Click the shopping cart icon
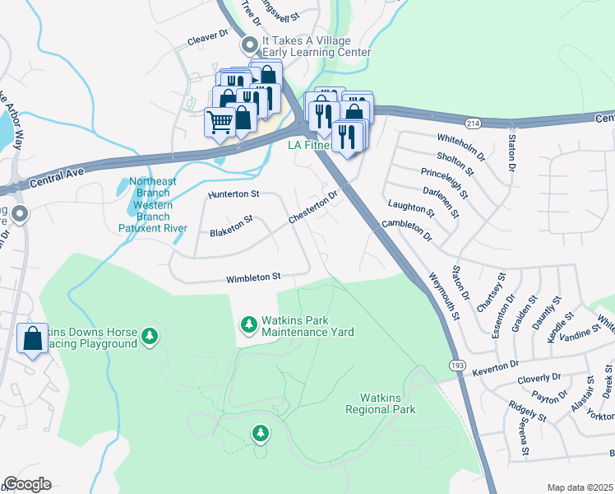[220, 123]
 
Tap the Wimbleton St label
[255, 277]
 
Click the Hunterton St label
[234, 194]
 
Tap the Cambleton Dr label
[406, 229]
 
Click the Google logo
[28, 484]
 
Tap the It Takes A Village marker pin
[247, 46]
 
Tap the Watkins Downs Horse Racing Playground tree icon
[150, 336]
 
